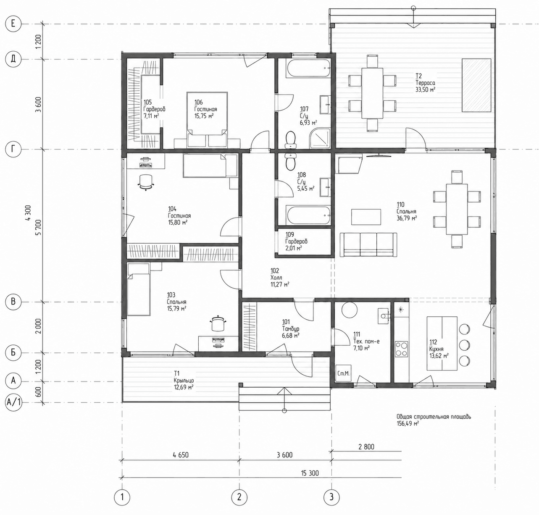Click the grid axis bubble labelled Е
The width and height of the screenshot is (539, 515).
pos(13,24)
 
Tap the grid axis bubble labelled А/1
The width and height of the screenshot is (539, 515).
pos(13,402)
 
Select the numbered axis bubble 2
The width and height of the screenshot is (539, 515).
pos(239,497)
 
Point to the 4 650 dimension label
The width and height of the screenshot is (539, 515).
pos(181,455)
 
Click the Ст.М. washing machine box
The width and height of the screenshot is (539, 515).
pos(344,373)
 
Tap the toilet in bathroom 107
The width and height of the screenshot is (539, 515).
pos(290,140)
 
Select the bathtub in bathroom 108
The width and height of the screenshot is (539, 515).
pos(308,215)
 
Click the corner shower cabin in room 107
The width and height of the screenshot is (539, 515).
pos(320,138)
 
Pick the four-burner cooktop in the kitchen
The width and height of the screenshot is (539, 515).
pos(401,349)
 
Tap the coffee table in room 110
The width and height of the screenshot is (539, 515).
pos(366,217)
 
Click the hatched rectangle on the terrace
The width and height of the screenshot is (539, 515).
pos(476,85)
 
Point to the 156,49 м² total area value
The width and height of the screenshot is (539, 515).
pos(408,423)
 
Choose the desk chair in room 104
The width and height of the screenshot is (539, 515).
pos(145,182)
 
